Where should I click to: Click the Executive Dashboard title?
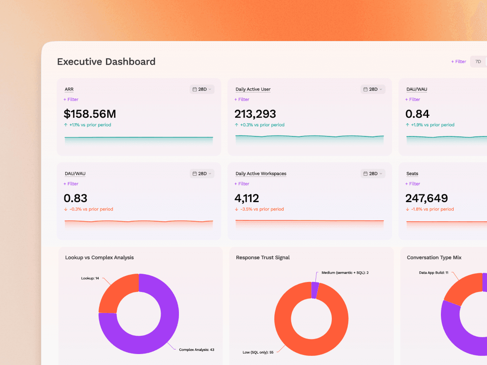click(106, 62)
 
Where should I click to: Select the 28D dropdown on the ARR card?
click(202, 89)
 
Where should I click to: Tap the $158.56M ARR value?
click(90, 114)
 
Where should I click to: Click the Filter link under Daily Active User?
click(241, 99)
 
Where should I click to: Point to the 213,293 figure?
click(255, 114)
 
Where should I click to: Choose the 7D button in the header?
click(478, 62)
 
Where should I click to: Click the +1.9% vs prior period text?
click(433, 125)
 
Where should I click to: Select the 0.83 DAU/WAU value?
click(75, 198)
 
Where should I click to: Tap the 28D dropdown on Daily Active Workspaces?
click(373, 173)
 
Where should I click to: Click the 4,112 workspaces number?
click(246, 198)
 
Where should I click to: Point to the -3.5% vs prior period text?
click(262, 209)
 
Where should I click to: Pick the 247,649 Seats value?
click(426, 198)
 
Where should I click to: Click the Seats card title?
click(412, 173)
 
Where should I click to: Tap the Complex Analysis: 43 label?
click(197, 349)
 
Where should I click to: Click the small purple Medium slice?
click(314, 290)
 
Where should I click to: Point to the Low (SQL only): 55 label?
click(258, 352)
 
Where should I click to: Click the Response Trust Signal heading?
click(263, 257)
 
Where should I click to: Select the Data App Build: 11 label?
click(434, 272)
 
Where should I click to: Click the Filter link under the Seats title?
click(413, 184)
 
